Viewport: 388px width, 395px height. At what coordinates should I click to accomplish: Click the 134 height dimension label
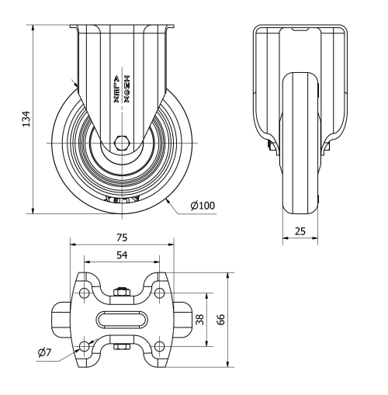(25, 118)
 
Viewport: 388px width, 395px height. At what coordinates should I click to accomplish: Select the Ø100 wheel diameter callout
(203, 205)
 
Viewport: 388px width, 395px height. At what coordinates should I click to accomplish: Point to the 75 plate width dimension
(122, 237)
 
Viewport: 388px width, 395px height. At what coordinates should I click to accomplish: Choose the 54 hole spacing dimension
(122, 255)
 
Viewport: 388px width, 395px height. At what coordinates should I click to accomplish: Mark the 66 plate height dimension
(221, 319)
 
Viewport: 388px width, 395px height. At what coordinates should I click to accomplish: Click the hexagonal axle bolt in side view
(122, 143)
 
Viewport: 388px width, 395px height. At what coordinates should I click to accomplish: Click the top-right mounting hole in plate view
(159, 293)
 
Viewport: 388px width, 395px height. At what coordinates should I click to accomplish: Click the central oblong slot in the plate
(122, 319)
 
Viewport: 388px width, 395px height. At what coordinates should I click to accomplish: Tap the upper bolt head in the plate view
(122, 293)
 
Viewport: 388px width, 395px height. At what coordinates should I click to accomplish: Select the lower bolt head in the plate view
(122, 346)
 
